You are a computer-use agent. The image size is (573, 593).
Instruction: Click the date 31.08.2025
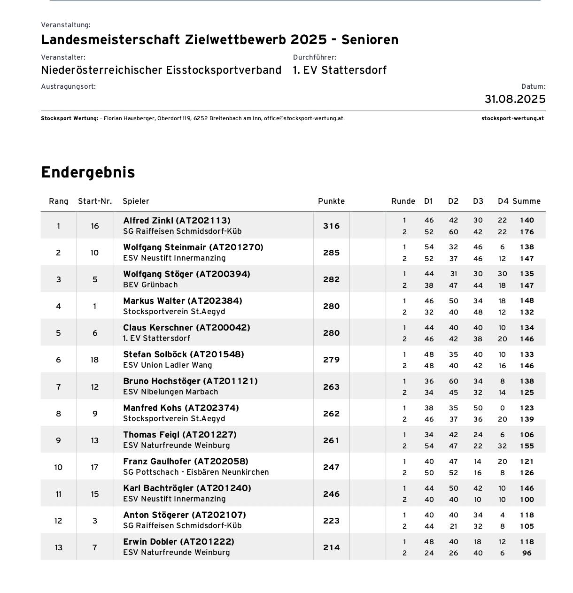click(x=515, y=99)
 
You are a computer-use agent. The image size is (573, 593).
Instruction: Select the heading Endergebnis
click(x=88, y=172)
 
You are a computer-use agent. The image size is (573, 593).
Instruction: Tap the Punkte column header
click(x=331, y=201)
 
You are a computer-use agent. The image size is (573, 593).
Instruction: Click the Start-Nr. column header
click(x=95, y=201)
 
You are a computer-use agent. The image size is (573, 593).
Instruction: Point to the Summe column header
click(x=526, y=201)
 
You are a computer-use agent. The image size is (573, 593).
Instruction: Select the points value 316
click(x=331, y=226)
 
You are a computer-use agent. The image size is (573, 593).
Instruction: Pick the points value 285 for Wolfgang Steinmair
click(x=331, y=253)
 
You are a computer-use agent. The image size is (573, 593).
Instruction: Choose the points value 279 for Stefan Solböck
click(x=331, y=360)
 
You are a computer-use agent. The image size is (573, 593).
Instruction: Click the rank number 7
click(x=58, y=387)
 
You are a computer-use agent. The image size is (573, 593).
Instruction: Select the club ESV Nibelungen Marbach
click(x=170, y=392)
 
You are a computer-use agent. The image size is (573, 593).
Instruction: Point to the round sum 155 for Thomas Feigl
click(x=527, y=446)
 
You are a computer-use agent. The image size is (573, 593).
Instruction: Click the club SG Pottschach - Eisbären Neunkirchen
click(x=196, y=472)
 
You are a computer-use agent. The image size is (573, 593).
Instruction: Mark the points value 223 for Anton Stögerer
click(x=331, y=521)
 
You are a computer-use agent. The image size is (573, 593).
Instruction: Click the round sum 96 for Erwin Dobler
click(x=527, y=553)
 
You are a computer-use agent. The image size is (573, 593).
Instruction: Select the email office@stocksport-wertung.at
click(x=303, y=118)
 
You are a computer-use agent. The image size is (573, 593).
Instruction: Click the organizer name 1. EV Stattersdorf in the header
click(x=340, y=70)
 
